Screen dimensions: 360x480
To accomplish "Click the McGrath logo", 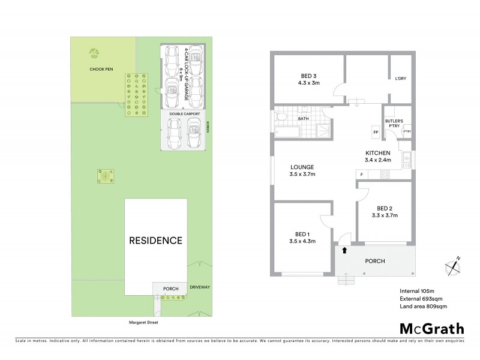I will coord(431,329).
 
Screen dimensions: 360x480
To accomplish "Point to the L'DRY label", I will coord(400,79).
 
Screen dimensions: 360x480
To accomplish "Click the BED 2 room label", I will coord(385,211).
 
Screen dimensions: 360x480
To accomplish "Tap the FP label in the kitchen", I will coord(376,132).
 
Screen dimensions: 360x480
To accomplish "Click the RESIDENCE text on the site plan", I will coord(156,241).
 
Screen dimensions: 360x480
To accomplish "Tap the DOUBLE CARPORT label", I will coord(184,113).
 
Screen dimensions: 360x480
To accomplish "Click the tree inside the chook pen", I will coord(94,53).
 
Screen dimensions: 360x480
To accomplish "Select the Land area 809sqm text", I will coord(423,307).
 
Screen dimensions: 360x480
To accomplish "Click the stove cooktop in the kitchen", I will coord(385,175).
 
